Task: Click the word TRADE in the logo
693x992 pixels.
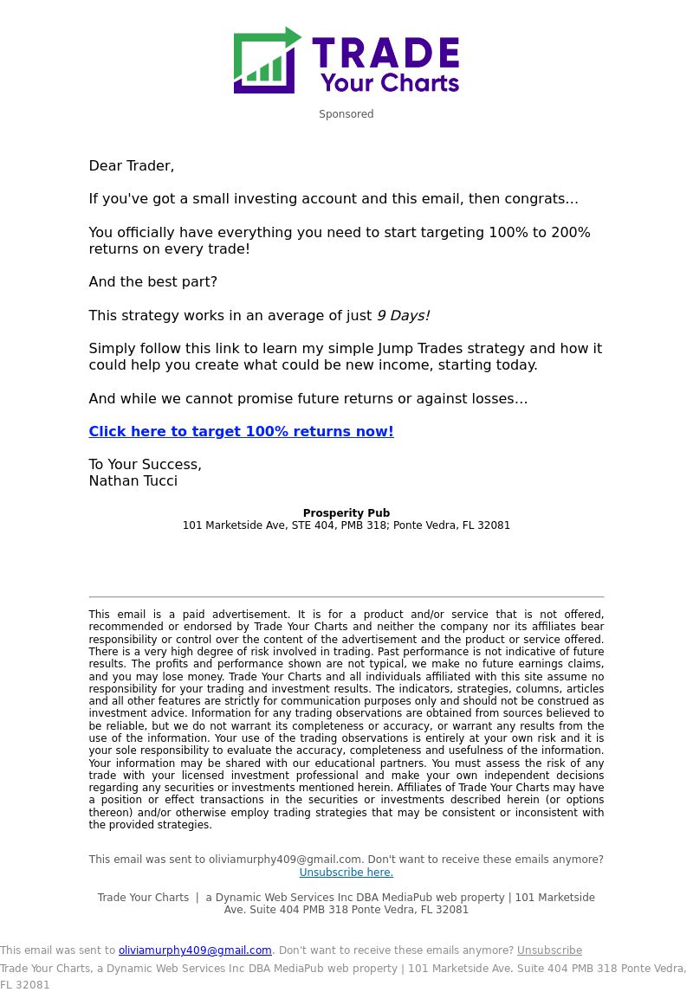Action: coord(385,53)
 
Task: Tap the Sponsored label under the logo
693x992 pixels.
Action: coord(346,114)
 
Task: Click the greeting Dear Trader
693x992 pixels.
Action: coord(132,165)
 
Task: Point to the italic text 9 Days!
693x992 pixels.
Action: coord(403,316)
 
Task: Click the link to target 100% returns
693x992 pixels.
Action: coord(241,432)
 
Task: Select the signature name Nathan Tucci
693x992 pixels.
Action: coord(133,481)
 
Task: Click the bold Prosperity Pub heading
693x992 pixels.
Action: coord(346,513)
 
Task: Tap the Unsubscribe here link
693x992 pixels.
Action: coord(346,873)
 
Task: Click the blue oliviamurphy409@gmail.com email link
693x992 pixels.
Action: coord(195,950)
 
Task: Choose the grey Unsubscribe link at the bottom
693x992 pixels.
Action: coord(549,950)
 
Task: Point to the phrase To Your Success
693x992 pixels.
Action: coord(145,465)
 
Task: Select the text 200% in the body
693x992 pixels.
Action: coord(568,233)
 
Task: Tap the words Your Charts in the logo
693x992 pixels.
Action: coord(389,83)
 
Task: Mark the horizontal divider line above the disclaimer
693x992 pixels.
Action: coord(346,596)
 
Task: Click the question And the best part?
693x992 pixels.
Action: coord(153,282)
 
